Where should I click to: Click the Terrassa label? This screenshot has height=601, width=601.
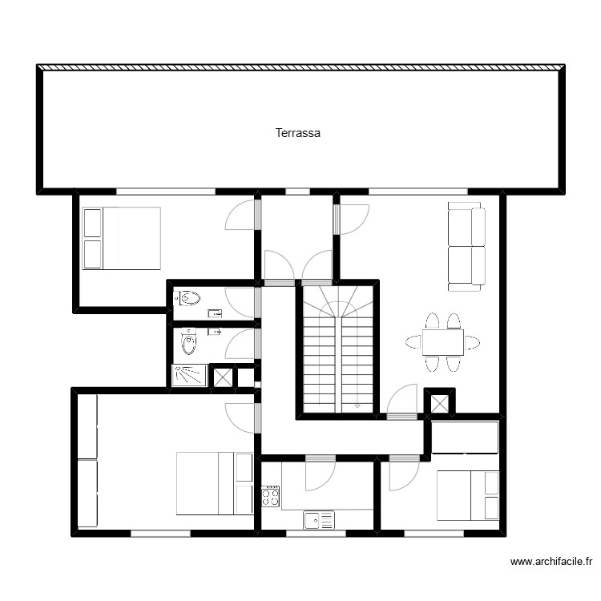298,133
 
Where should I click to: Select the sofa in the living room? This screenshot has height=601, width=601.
466,247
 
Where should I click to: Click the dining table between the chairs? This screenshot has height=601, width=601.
442,342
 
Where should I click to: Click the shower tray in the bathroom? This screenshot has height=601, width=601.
189,375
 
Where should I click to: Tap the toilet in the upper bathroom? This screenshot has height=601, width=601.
190,299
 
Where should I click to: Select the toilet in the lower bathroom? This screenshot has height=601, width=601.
188,343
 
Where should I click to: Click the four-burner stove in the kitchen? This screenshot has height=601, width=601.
271,497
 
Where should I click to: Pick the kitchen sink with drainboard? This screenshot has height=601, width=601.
318,521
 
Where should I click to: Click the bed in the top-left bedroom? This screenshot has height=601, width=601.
122,238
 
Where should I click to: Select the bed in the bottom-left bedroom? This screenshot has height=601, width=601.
214,483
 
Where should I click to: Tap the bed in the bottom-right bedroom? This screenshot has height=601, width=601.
468,495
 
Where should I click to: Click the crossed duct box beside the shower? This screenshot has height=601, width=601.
223,377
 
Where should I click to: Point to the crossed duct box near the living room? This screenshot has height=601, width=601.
439,402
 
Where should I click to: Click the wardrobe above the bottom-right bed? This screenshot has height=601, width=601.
466,438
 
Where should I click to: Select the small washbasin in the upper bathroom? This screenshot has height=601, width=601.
214,313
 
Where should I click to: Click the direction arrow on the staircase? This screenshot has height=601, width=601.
357,407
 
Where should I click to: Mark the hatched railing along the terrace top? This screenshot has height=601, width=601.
300,67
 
